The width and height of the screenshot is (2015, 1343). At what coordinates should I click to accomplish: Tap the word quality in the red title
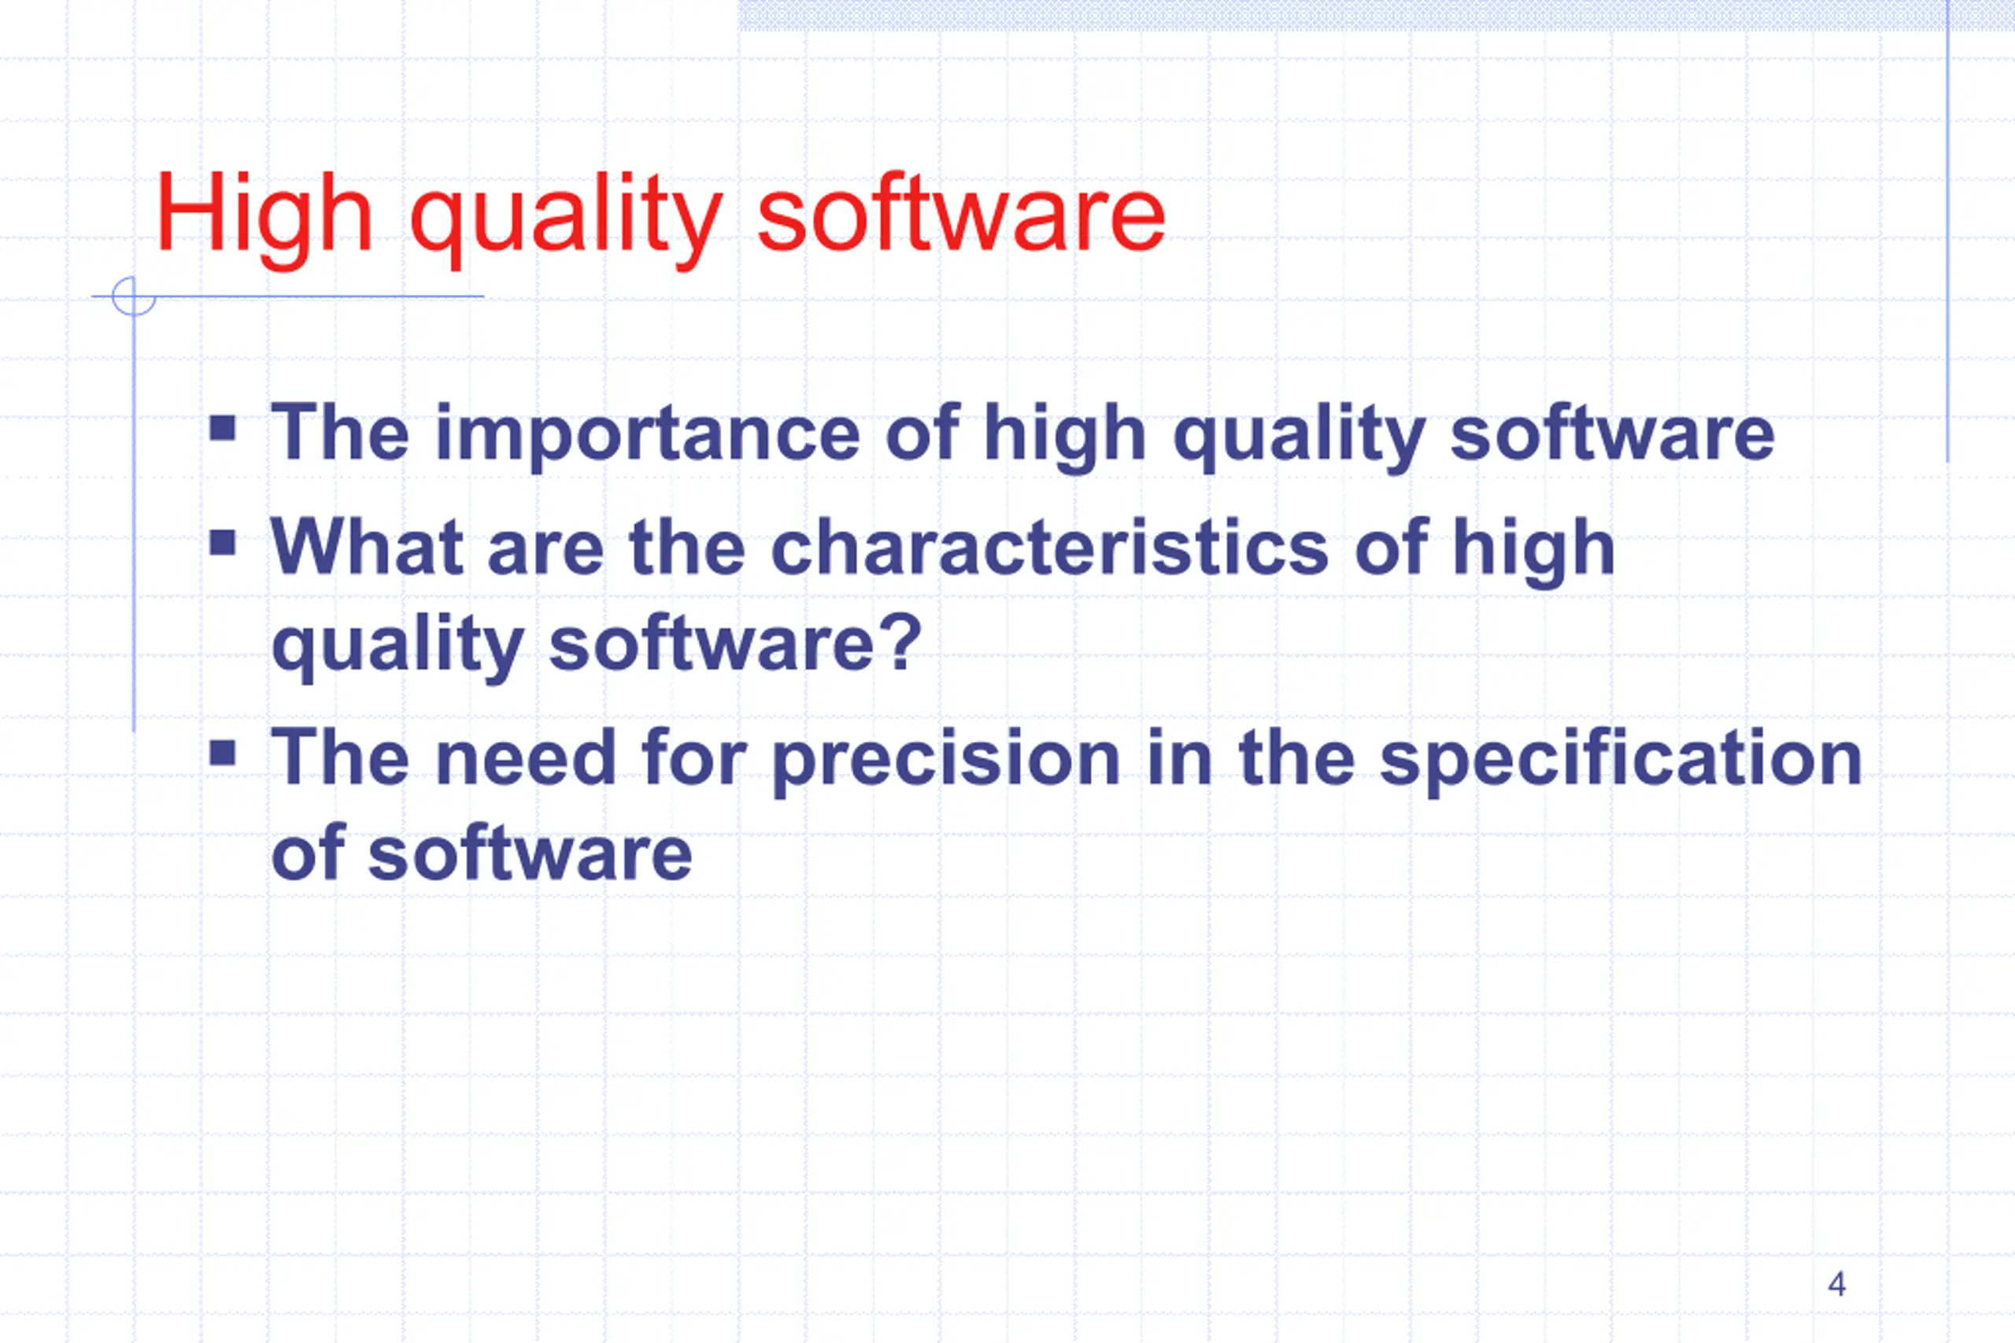[x=566, y=219]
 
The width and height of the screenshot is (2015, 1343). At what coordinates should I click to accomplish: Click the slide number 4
[x=1837, y=1284]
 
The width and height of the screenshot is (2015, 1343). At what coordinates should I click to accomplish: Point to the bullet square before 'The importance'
[x=223, y=427]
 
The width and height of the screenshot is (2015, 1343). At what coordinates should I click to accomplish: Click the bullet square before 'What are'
[x=223, y=542]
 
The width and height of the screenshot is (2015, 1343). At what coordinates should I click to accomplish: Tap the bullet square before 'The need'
[x=223, y=753]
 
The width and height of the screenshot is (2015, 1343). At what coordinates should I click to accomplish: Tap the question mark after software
[x=904, y=641]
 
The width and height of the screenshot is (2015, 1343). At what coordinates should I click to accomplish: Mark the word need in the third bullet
[x=525, y=757]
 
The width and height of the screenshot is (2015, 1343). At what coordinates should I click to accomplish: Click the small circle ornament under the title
[x=134, y=297]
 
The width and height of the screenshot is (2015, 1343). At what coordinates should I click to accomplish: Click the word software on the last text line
[x=531, y=851]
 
